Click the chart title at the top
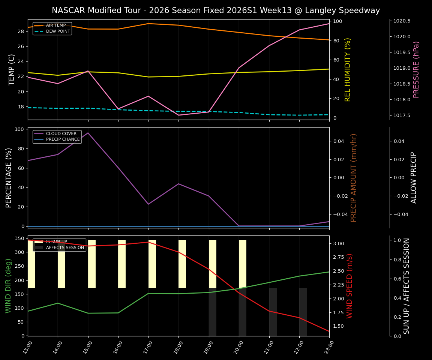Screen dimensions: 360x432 pos(216,10)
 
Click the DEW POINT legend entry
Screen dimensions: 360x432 pos(58,31)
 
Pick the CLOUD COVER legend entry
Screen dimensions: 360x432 pos(61,133)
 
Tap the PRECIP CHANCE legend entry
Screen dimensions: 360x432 pos(63,139)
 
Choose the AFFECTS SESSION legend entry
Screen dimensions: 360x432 pos(64,247)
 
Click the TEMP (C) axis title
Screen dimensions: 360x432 pos(12,69)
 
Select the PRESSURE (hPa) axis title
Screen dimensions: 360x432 pos(416,69)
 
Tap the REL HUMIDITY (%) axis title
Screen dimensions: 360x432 pos(348,69)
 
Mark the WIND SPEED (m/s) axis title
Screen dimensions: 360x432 pos(349,286)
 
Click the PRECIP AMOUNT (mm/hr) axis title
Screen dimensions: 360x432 pos(354,177)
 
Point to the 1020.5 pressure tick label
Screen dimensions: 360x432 pos(402,21)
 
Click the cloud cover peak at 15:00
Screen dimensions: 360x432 pos(88,133)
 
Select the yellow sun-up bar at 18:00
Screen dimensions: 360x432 pos(182,264)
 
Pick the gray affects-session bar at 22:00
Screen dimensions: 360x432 pos(303,312)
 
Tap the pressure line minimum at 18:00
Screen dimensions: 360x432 pos(178,115)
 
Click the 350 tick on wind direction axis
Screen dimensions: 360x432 pos(19,238)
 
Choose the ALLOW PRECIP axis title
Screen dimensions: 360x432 pos(414,177)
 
